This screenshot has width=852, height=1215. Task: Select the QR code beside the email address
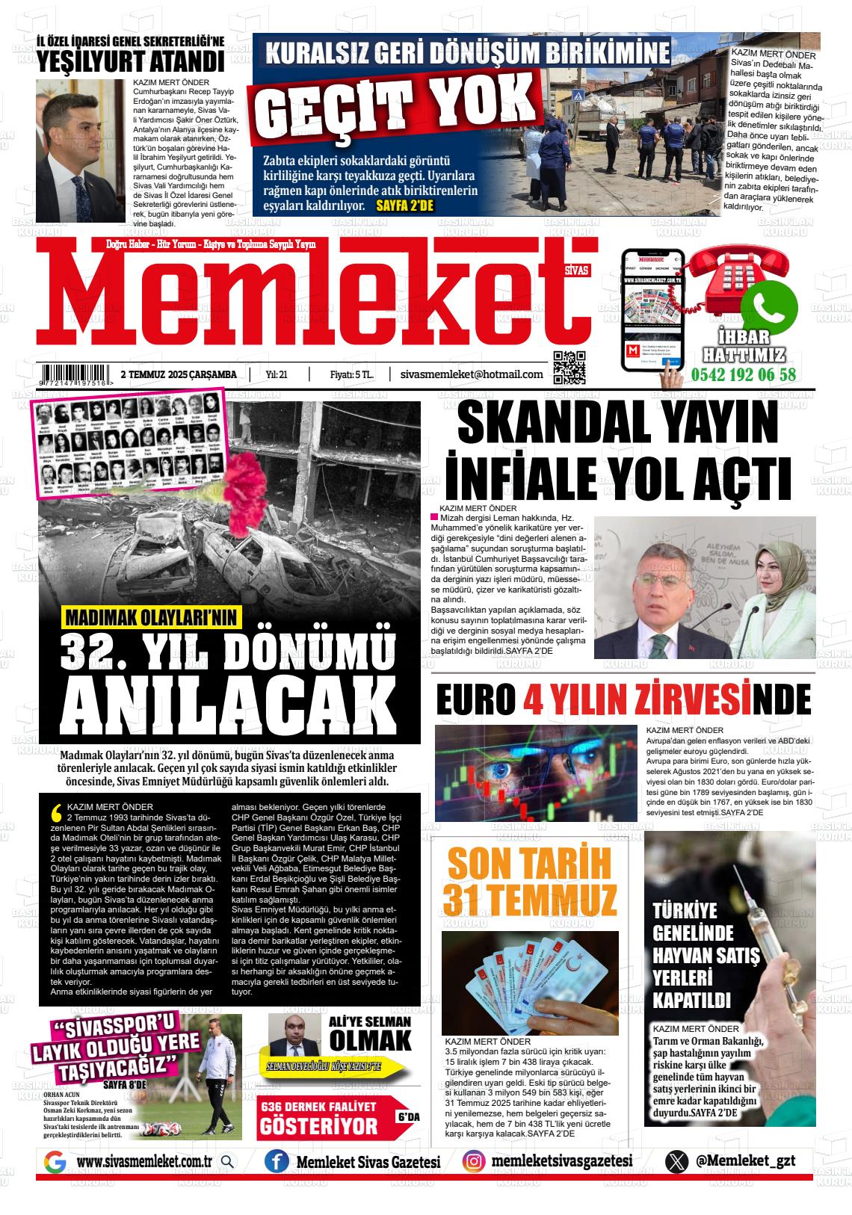tap(569, 367)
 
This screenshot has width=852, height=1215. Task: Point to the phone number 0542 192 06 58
tap(744, 375)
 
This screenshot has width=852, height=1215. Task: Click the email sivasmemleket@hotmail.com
tap(472, 374)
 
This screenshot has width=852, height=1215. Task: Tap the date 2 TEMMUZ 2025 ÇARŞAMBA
tap(179, 374)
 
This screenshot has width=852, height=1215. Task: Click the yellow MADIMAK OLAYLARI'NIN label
tap(151, 616)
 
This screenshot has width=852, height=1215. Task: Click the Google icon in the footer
tap(55, 1162)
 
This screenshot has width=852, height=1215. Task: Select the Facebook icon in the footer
tap(277, 1162)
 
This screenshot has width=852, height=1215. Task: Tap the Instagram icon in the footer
tap(473, 1161)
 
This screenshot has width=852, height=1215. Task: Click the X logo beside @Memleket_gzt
tap(677, 1162)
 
